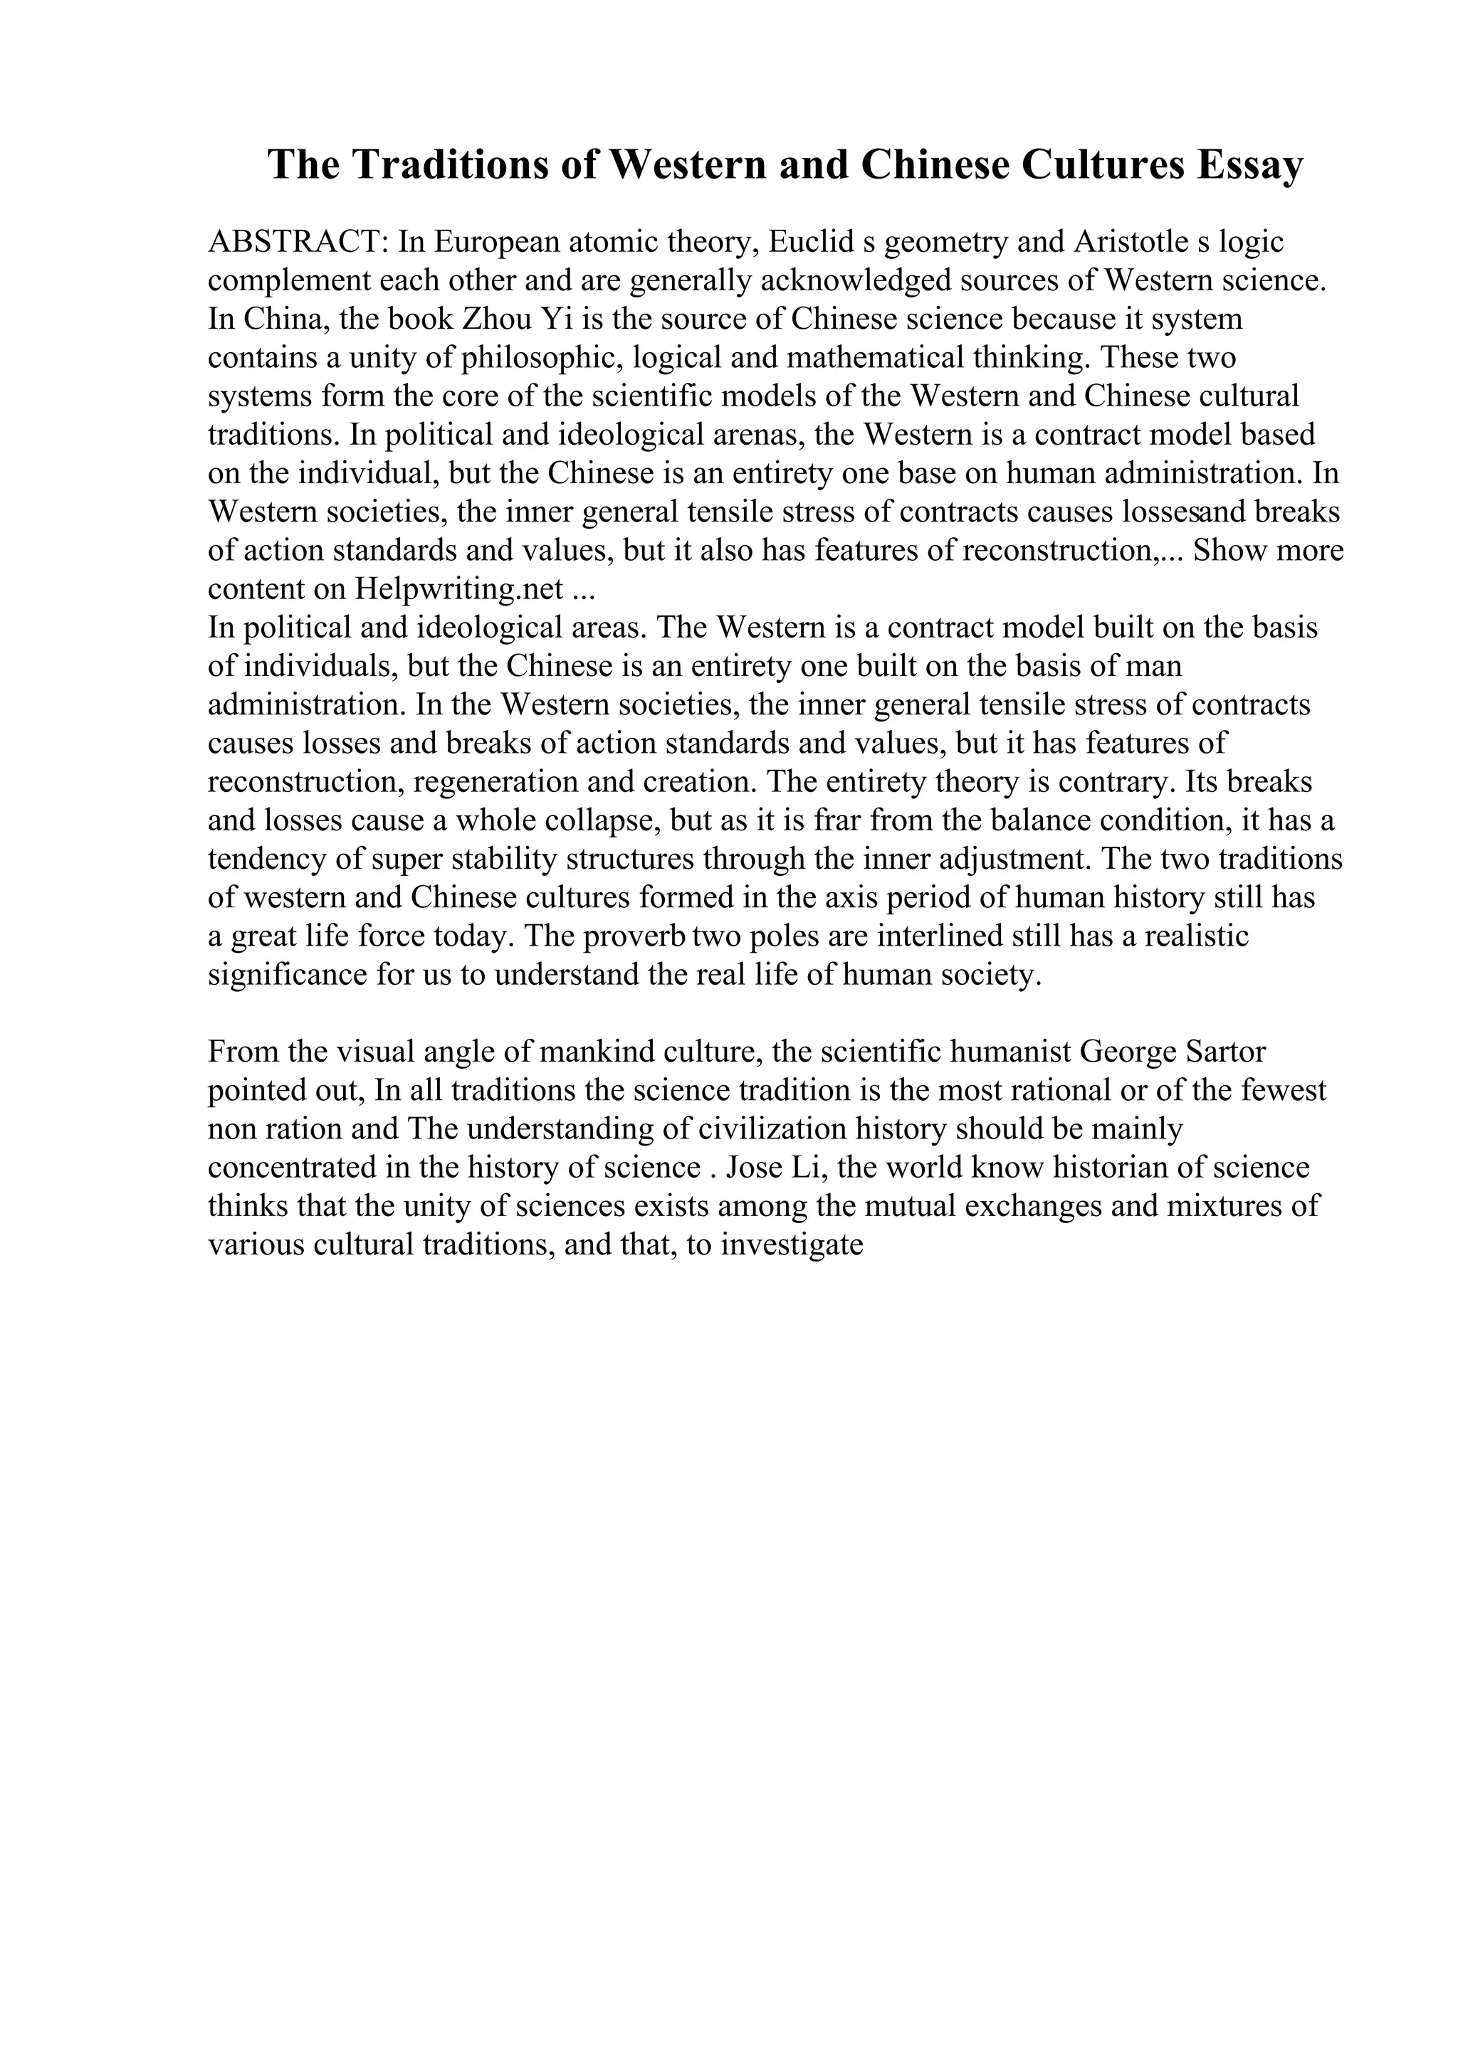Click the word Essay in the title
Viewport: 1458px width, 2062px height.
[1248, 165]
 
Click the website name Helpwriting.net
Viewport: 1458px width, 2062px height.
[459, 589]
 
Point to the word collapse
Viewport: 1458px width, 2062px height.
[584, 821]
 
